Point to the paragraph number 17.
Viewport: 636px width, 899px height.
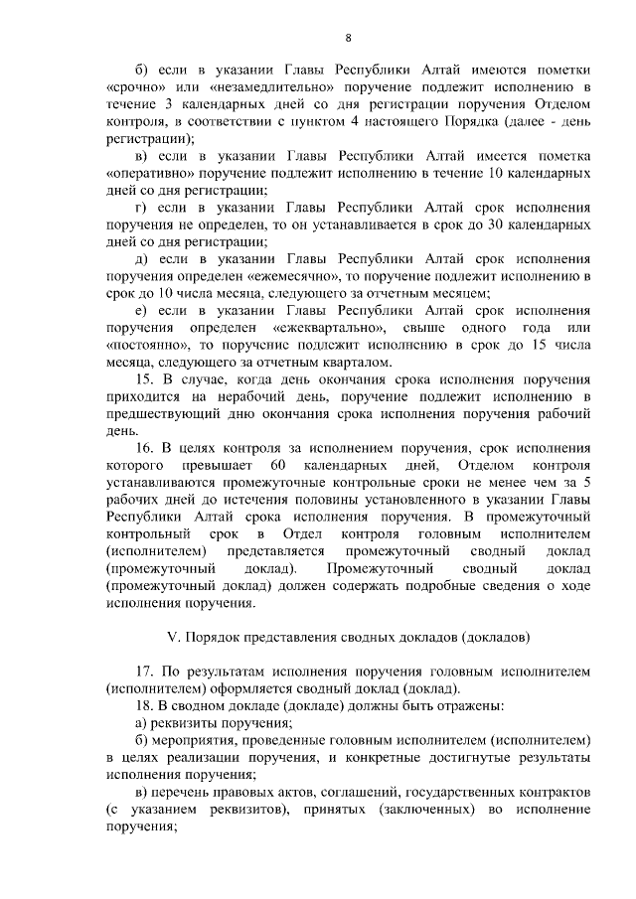pos(143,671)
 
